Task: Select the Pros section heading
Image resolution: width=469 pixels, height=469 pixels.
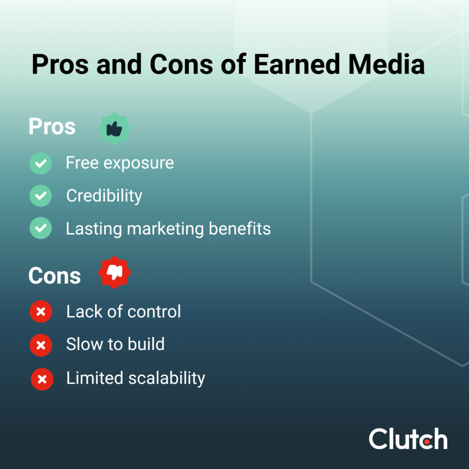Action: pyautogui.click(x=52, y=127)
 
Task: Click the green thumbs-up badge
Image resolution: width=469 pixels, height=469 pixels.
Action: pyautogui.click(x=114, y=129)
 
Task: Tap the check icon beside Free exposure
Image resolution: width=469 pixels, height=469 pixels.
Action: pyautogui.click(x=41, y=163)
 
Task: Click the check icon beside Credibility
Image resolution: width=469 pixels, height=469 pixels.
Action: pyautogui.click(x=41, y=196)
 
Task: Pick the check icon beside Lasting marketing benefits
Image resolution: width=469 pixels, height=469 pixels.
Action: pyautogui.click(x=41, y=228)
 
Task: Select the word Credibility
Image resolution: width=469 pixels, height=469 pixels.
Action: pyautogui.click(x=104, y=196)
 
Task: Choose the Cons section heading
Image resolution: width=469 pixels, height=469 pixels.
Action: pyautogui.click(x=55, y=276)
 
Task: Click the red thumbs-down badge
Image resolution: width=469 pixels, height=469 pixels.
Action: pyautogui.click(x=115, y=272)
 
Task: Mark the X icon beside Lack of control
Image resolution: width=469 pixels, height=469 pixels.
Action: pyautogui.click(x=41, y=312)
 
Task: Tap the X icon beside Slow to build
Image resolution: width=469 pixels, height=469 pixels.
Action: pyautogui.click(x=41, y=345)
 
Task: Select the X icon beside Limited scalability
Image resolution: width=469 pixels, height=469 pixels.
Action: pyautogui.click(x=42, y=379)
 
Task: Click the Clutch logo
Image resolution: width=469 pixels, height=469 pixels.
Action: pyautogui.click(x=408, y=438)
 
